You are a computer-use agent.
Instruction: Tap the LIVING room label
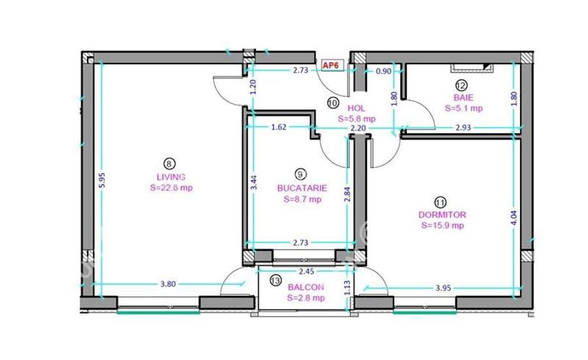[x=171, y=177]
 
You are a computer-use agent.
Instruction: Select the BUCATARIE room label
[x=301, y=188]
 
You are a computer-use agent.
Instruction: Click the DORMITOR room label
[x=442, y=214]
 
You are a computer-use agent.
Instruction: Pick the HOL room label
[x=356, y=108]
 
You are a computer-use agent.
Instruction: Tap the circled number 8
[x=171, y=164]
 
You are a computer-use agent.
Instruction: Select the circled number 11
[x=442, y=201]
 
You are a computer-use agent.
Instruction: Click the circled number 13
[x=275, y=281]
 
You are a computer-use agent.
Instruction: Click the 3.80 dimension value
[x=169, y=284]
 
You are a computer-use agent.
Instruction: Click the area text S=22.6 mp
[x=171, y=188]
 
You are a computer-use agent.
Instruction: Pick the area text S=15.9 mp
[x=442, y=226]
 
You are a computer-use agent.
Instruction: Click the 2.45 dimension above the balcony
[x=306, y=270]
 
